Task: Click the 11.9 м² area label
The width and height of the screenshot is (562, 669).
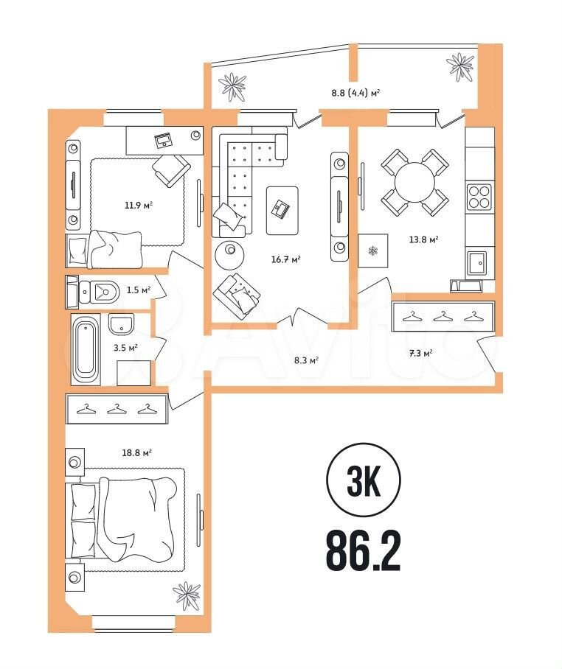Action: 139,206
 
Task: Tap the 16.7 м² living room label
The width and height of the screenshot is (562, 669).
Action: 286,259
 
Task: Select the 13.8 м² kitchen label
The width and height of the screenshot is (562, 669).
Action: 424,239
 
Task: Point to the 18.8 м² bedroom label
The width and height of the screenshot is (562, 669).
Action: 137,452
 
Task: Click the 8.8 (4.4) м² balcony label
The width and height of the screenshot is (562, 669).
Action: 355,92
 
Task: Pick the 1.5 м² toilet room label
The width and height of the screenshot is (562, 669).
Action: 139,290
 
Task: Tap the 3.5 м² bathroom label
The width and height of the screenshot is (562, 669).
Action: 125,348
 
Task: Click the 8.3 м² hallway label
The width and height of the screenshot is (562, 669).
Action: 307,360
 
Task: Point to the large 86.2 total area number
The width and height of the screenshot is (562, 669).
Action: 364,552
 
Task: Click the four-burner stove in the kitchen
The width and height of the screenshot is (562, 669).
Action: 479,197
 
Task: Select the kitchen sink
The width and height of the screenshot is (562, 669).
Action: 477,264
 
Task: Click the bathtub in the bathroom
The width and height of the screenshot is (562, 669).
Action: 86,350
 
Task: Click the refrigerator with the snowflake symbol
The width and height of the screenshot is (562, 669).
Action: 373,251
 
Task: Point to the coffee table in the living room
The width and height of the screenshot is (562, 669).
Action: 282,210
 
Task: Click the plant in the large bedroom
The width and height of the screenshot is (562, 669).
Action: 186,595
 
